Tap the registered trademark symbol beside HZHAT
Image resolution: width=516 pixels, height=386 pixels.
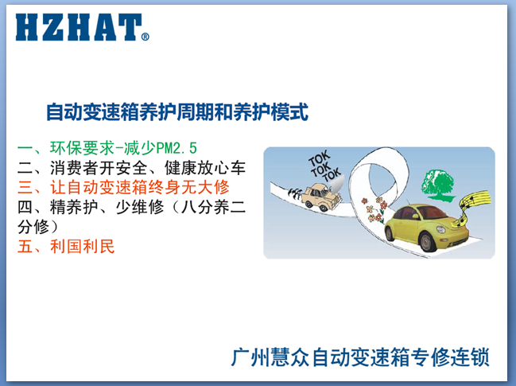point(145,37)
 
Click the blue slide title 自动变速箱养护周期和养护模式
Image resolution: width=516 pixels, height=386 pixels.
point(177,112)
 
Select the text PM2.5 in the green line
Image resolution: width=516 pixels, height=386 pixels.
point(177,148)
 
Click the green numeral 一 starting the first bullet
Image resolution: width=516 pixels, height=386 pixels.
point(25,148)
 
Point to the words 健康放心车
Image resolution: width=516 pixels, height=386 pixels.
point(205,168)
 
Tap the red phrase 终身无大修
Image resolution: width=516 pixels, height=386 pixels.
point(188,187)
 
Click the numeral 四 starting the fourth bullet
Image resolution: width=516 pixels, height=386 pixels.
point(25,207)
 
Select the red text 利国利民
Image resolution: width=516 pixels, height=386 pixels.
point(82,247)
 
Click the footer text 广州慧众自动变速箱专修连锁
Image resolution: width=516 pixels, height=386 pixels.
point(360,357)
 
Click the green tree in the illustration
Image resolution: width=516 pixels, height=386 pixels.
point(438,185)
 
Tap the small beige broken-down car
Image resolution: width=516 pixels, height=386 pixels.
point(320,197)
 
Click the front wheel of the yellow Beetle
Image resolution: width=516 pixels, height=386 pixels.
point(428,241)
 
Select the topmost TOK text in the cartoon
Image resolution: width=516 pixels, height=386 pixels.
point(319,158)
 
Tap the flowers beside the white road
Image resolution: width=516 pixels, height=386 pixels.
point(374,209)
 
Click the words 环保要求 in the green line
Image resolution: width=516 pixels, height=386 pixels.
point(82,148)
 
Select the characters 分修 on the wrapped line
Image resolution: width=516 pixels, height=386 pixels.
point(33,227)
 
